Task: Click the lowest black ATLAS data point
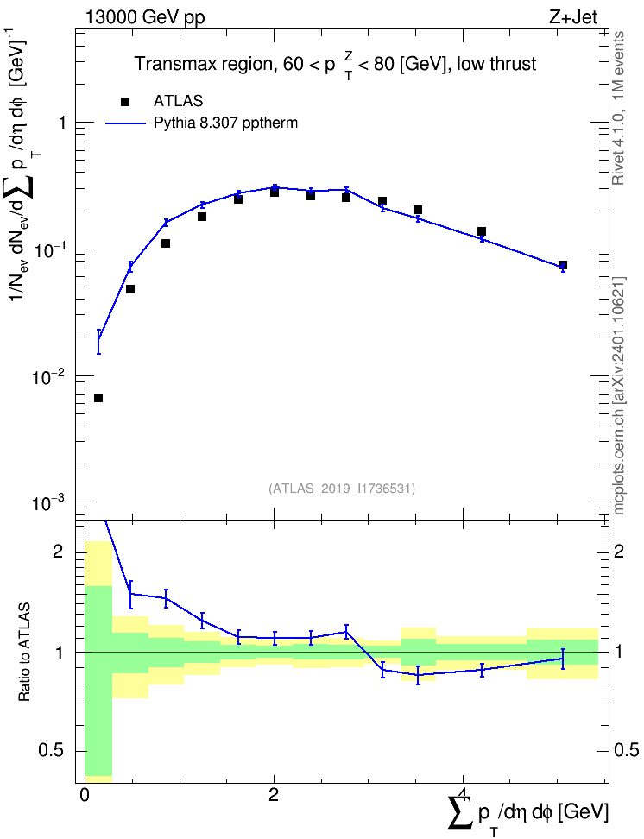pyautogui.click(x=98, y=398)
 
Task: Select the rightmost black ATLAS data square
pyautogui.click(x=563, y=265)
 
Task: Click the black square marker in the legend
pyautogui.click(x=125, y=102)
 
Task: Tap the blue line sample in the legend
pyautogui.click(x=125, y=123)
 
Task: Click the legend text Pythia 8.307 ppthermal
pyautogui.click(x=225, y=123)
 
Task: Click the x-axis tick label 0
pyautogui.click(x=84, y=795)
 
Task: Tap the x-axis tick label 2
pyautogui.click(x=274, y=795)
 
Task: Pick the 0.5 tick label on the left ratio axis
pyautogui.click(x=51, y=751)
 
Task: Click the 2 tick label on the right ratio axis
pyautogui.click(x=619, y=551)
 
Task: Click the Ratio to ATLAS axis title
pyautogui.click(x=24, y=653)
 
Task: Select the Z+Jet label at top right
pyautogui.click(x=573, y=17)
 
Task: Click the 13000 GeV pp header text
pyautogui.click(x=145, y=18)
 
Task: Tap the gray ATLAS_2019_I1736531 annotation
pyautogui.click(x=342, y=489)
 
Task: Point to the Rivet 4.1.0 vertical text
pyautogui.click(x=618, y=108)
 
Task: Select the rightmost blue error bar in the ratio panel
pyautogui.click(x=563, y=659)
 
